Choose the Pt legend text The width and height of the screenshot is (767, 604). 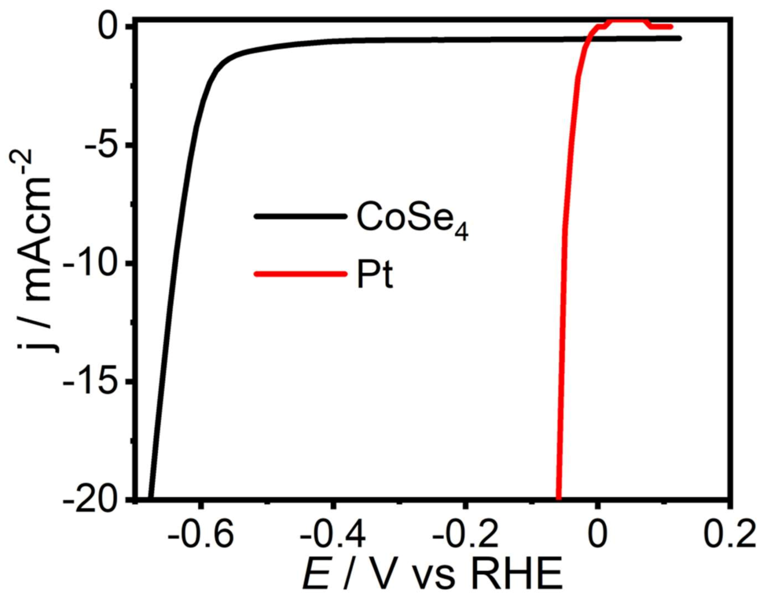coord(374,275)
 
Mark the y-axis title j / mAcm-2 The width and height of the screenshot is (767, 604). coord(36,251)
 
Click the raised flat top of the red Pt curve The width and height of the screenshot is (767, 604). coord(627,20)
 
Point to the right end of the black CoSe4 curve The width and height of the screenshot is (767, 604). coord(680,38)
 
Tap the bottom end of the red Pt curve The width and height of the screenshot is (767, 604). coord(559,497)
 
